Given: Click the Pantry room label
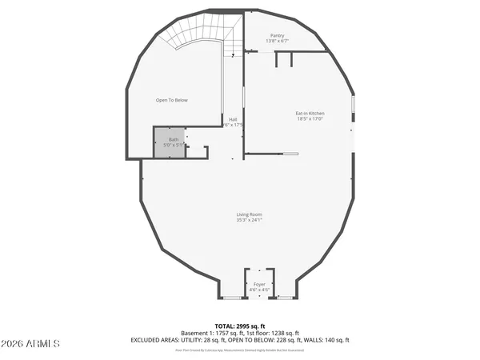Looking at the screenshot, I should coord(277,35).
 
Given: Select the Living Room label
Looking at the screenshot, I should coord(249,214).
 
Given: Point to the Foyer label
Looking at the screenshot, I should coord(259,284).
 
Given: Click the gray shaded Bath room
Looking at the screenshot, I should coord(169,142).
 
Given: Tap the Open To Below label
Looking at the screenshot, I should coord(171,100).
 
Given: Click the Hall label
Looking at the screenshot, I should coord(233,119).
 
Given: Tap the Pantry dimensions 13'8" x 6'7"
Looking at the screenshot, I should coord(277,41).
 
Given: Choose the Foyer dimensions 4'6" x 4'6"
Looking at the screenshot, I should coord(259,290).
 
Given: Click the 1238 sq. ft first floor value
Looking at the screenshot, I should coord(286,333).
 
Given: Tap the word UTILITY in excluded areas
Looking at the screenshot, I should coord(187,340).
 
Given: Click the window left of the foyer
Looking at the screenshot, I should coord(232,298).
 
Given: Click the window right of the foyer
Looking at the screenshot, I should coord(286,298).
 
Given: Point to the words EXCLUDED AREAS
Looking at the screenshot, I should coord(152,340).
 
